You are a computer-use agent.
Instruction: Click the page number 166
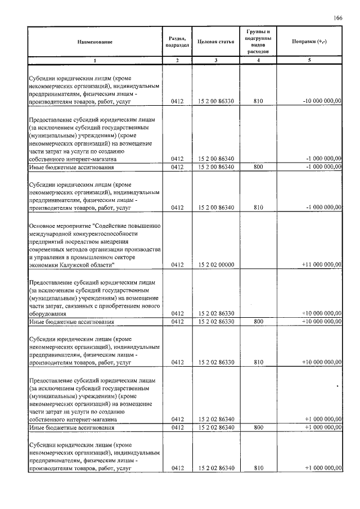[x=337, y=18]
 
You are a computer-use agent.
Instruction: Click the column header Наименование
[x=95, y=42]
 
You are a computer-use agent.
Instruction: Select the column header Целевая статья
[x=216, y=42]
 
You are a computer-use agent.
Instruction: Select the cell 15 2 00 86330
[x=216, y=102]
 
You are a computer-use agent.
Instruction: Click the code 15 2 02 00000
[x=216, y=264]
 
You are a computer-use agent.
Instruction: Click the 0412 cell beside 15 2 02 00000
[x=177, y=264]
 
